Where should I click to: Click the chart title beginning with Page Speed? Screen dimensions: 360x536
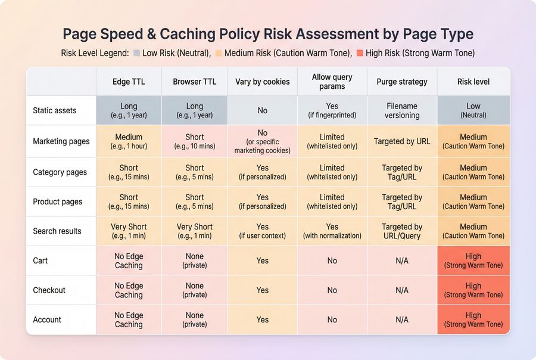click(x=268, y=33)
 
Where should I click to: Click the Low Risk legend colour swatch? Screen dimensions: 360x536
click(x=136, y=53)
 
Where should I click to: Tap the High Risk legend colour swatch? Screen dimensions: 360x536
click(x=359, y=53)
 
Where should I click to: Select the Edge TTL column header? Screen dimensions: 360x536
click(x=129, y=82)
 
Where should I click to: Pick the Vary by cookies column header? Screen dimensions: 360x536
click(x=262, y=82)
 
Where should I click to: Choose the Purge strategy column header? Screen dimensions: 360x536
click(x=402, y=82)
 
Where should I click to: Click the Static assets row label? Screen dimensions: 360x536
click(x=55, y=110)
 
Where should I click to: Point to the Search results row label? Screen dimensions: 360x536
click(x=57, y=231)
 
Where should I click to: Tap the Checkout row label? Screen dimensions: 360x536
click(x=49, y=290)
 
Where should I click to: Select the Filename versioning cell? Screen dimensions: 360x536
click(x=402, y=110)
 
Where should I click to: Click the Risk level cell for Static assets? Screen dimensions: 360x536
click(x=473, y=110)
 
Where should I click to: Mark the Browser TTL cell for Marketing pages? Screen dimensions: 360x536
click(x=195, y=142)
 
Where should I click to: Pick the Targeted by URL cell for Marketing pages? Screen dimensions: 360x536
click(x=402, y=142)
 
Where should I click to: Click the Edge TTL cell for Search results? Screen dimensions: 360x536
click(x=129, y=231)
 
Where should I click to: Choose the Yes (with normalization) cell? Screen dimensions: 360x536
click(x=332, y=231)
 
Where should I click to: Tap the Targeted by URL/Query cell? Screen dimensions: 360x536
click(x=402, y=231)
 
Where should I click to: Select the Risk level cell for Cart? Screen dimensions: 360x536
click(x=473, y=260)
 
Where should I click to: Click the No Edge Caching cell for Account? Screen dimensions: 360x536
click(x=129, y=320)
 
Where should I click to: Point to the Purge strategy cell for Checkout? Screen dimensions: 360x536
click(x=402, y=290)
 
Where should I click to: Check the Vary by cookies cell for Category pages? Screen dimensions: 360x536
click(x=262, y=172)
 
